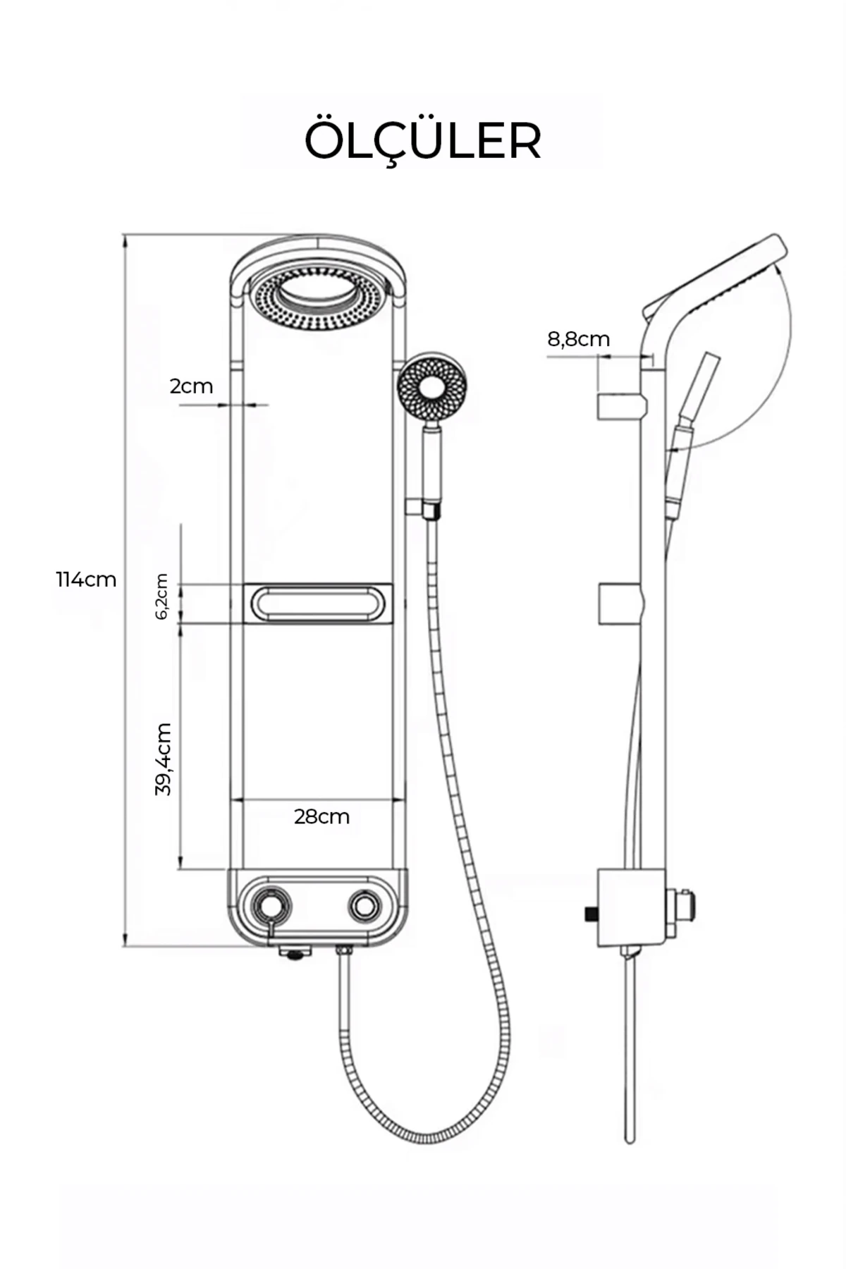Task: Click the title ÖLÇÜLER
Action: pyautogui.click(x=422, y=142)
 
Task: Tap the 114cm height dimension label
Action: pyautogui.click(x=86, y=580)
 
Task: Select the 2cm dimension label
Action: pyautogui.click(x=191, y=386)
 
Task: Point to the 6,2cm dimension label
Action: pyautogui.click(x=161, y=596)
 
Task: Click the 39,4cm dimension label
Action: pyautogui.click(x=164, y=759)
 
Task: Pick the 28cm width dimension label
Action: pyautogui.click(x=321, y=816)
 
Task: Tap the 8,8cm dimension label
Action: pyautogui.click(x=578, y=339)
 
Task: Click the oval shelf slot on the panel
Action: pyautogui.click(x=317, y=603)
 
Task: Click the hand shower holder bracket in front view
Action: pyautogui.click(x=415, y=507)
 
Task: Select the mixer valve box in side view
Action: pyautogui.click(x=630, y=908)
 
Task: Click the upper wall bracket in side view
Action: pyautogui.click(x=620, y=407)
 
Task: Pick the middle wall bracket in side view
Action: pyautogui.click(x=620, y=604)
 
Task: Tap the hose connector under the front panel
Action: pyautogui.click(x=344, y=953)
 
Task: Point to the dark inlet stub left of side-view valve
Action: pyautogui.click(x=590, y=914)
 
